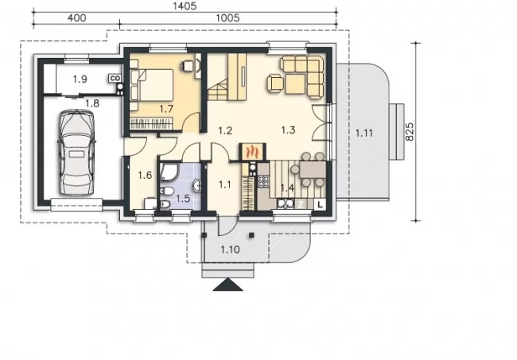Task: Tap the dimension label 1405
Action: (185, 6)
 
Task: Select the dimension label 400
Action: (76, 17)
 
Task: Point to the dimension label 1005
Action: (227, 17)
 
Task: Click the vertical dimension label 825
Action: (409, 132)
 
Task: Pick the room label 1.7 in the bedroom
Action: (166, 109)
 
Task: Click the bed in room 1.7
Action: (152, 85)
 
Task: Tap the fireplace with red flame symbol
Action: (252, 152)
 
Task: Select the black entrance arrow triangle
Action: (227, 285)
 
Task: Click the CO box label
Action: (115, 79)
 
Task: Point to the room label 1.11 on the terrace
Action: (364, 134)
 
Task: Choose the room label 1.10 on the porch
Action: (230, 250)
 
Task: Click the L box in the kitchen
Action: (320, 204)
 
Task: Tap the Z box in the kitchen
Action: (301, 204)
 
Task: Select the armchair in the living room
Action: (276, 83)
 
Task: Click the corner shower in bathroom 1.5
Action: (169, 172)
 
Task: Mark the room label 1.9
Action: (80, 79)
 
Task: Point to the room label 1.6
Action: (145, 175)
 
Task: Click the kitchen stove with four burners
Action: (263, 181)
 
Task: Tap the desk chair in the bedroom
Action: (187, 65)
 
